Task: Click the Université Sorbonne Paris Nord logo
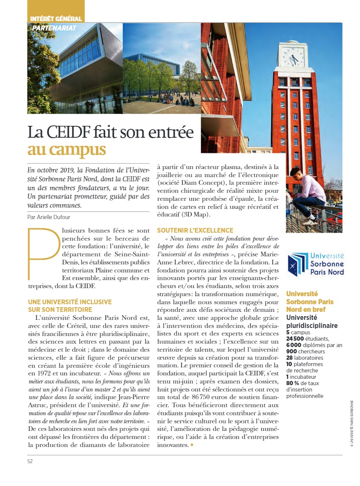[x=315, y=264]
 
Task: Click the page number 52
[x=30, y=461]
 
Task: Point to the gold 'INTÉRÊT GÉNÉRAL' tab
[x=56, y=19]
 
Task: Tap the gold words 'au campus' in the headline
[x=67, y=150]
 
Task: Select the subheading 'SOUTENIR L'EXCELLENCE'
[x=189, y=231]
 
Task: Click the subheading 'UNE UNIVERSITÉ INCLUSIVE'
[x=70, y=302]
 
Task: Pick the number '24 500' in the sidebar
[x=296, y=339]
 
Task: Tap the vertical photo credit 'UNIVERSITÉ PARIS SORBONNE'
[x=352, y=424]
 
